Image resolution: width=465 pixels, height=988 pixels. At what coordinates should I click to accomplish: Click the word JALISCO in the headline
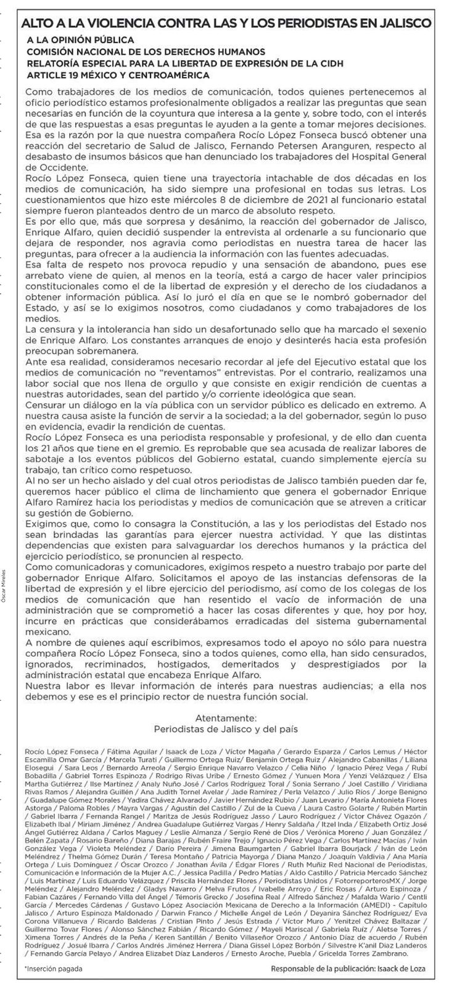[412, 24]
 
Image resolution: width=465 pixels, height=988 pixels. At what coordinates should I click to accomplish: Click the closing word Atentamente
[225, 718]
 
